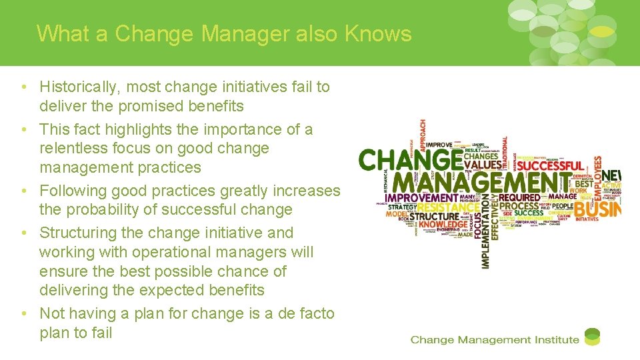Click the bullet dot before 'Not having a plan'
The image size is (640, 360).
click(x=23, y=313)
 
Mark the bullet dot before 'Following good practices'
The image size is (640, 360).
click(x=23, y=191)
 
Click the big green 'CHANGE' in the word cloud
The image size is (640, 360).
click(x=411, y=160)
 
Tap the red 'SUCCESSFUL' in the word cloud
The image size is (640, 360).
click(x=550, y=165)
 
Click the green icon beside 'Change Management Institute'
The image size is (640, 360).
click(x=592, y=337)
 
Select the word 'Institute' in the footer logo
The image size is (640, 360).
click(x=556, y=340)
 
